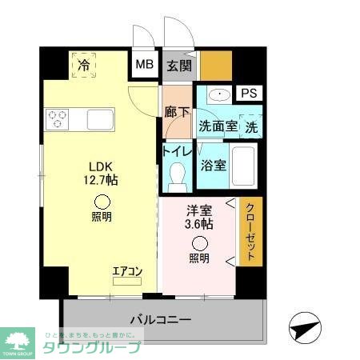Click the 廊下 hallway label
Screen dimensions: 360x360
point(177,114)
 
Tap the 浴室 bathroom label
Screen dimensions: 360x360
point(214,166)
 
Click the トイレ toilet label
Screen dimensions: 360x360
point(177,150)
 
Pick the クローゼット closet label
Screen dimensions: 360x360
point(250,231)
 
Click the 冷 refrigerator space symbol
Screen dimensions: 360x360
point(84,66)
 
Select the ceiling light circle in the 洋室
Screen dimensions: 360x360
point(199,244)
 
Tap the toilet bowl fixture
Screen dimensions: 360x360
point(176,172)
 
